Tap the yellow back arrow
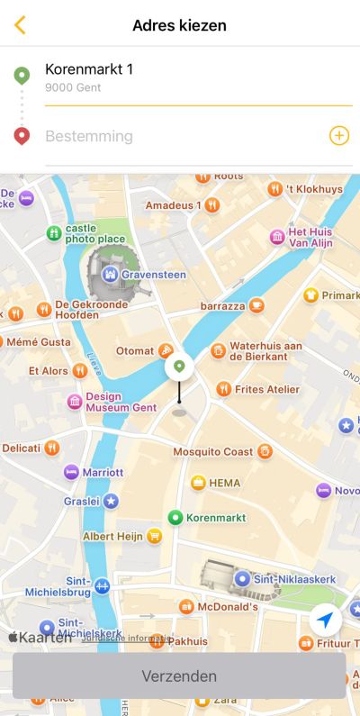coord(20,25)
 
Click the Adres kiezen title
coord(179,25)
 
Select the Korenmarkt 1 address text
coord(89,69)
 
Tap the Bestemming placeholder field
coord(90,136)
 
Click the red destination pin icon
coord(22,136)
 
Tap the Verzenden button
coord(179,675)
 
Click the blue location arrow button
coord(325,620)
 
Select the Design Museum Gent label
coord(121,402)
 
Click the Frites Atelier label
coord(266,389)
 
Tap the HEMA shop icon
coord(198,483)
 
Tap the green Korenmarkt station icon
coord(176,517)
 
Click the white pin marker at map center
coord(179,367)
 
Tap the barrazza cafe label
coord(222,306)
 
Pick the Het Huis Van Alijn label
coord(310,237)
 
